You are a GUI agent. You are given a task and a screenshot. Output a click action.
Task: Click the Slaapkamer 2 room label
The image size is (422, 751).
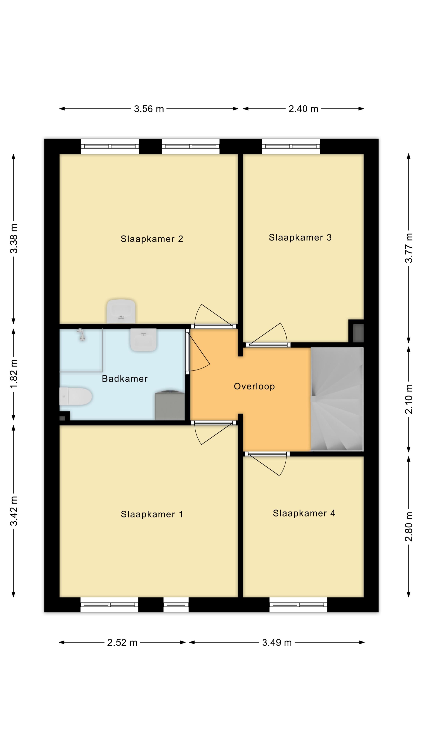pyautogui.click(x=152, y=239)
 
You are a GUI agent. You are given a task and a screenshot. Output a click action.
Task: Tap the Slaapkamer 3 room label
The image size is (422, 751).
pyautogui.click(x=300, y=238)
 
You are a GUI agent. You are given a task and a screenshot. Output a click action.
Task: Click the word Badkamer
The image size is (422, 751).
pyautogui.click(x=125, y=378)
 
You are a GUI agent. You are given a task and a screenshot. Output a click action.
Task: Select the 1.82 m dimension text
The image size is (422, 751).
pyautogui.click(x=14, y=374)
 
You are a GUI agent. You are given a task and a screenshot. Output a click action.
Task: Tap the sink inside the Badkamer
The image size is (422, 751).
pyautogui.click(x=143, y=340)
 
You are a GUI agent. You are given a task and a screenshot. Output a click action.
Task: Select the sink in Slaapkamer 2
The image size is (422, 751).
pyautogui.click(x=121, y=311)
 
